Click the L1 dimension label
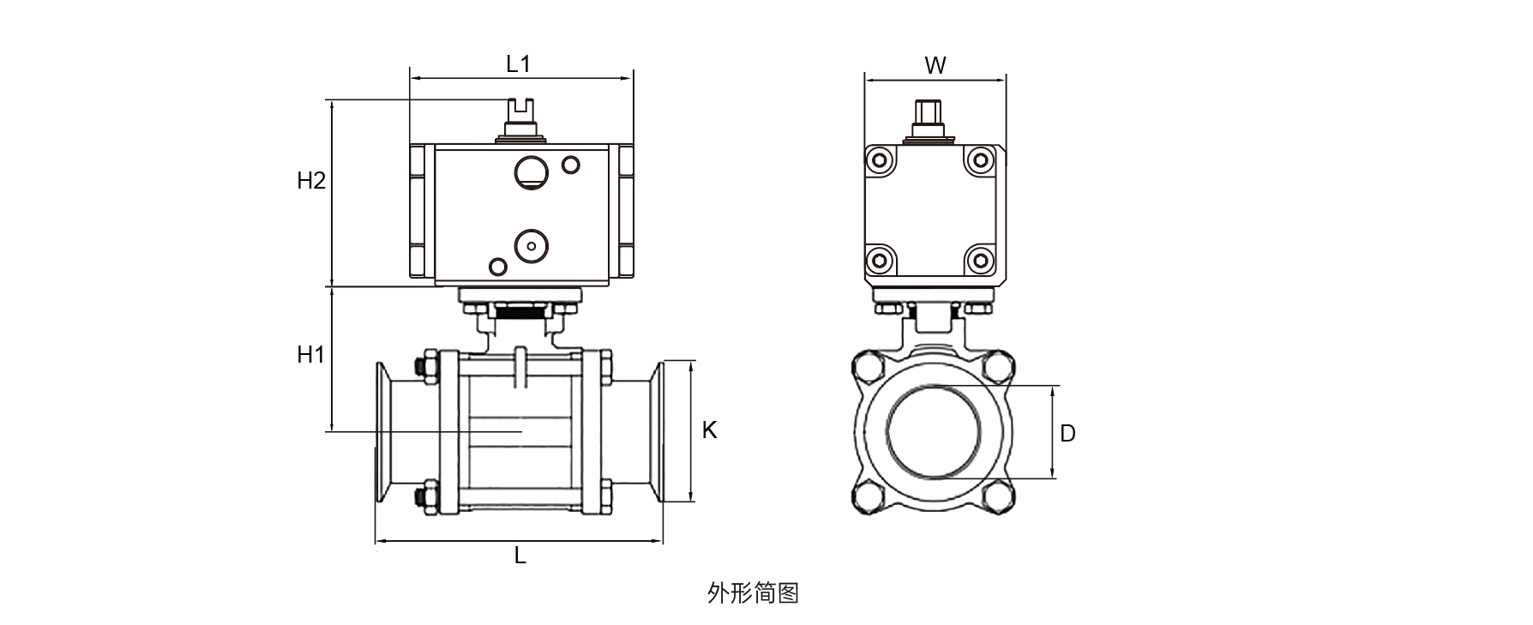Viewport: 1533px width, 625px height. click(519, 64)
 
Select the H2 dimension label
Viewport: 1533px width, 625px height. click(311, 181)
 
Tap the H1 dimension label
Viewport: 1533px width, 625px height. click(310, 354)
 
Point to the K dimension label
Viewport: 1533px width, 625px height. click(709, 430)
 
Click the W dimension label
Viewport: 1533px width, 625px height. click(935, 65)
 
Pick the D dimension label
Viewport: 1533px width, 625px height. click(1067, 434)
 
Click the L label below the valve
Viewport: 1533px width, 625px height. click(520, 556)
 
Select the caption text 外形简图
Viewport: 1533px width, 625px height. click(754, 592)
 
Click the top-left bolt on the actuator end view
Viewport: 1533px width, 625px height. click(880, 160)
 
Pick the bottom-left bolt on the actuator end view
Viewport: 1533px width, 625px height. click(880, 260)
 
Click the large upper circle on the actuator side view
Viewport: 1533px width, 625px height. click(531, 171)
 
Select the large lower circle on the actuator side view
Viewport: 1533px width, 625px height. click(531, 246)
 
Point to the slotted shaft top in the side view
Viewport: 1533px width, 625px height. click(520, 111)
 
